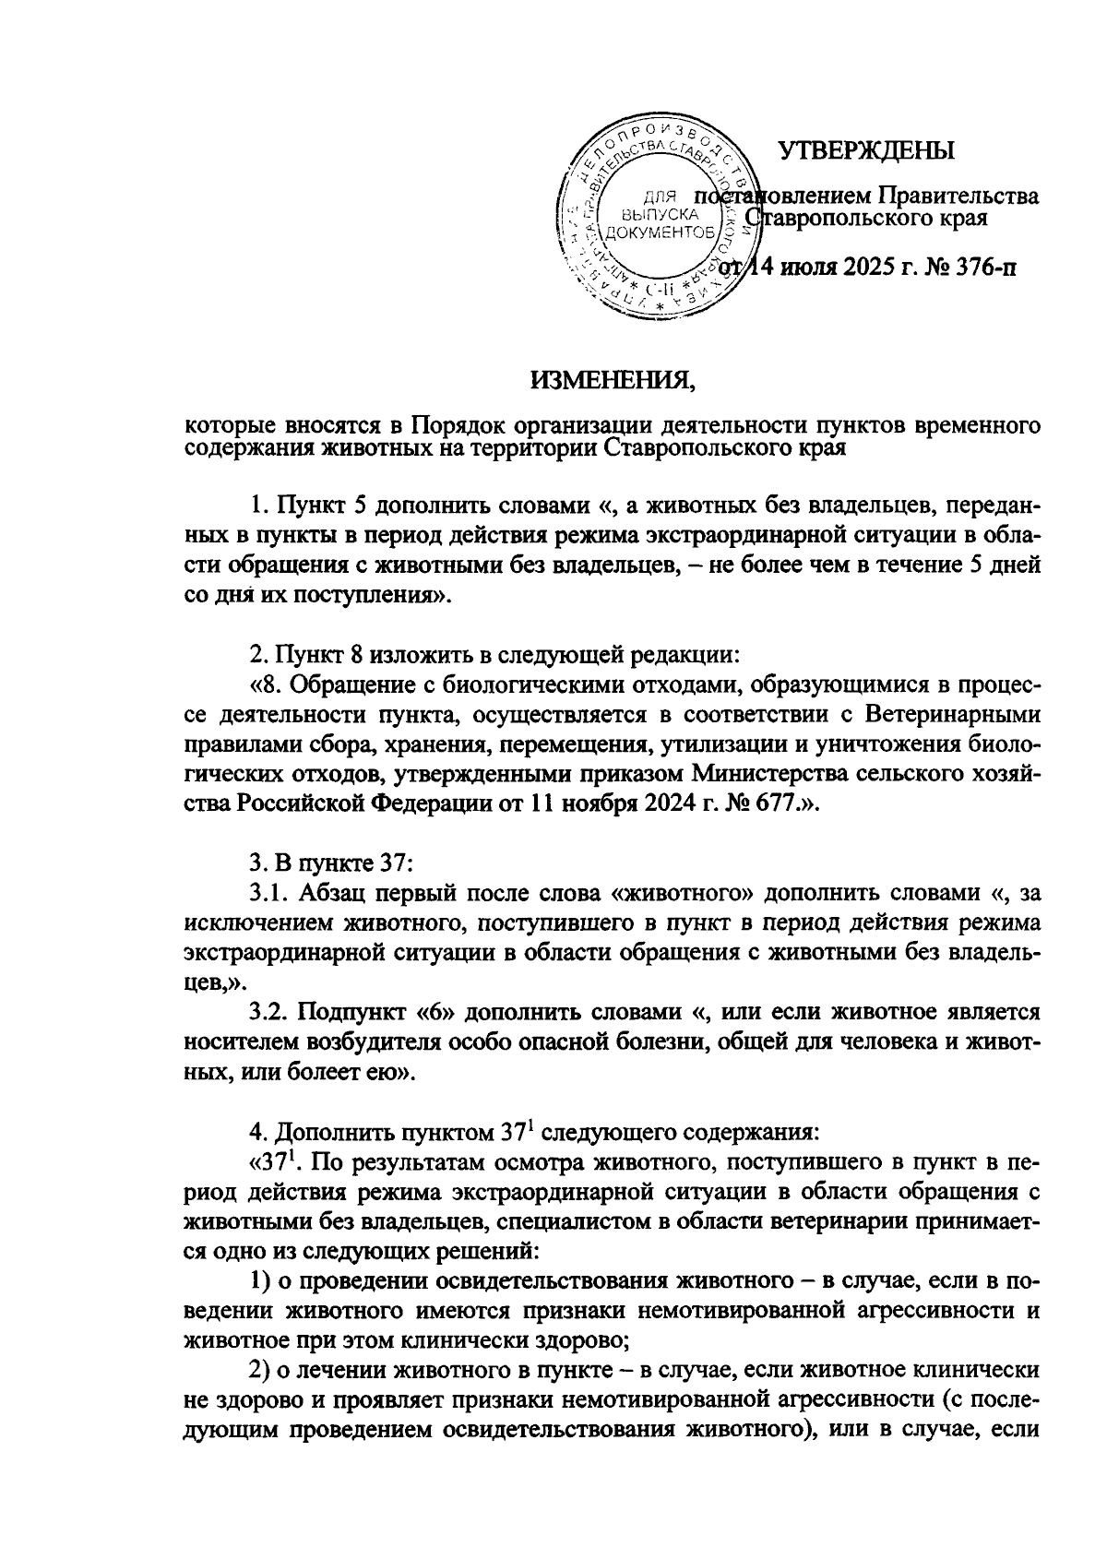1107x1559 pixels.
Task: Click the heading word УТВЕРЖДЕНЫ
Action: [x=866, y=150]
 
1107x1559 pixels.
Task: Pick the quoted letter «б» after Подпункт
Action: [x=434, y=1012]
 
